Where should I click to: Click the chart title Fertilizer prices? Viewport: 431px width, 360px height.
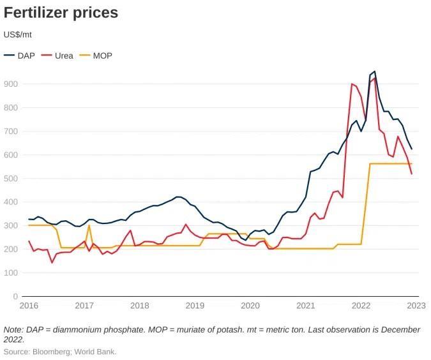tap(61, 13)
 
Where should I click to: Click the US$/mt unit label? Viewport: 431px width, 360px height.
tap(18, 34)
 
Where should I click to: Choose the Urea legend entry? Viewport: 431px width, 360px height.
tap(64, 56)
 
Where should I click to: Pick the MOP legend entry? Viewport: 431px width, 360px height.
tap(102, 56)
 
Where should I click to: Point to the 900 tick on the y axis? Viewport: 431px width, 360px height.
tap(11, 84)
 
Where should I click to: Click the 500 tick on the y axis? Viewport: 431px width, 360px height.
tap(11, 179)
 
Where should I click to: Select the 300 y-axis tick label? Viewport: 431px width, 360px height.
tap(11, 226)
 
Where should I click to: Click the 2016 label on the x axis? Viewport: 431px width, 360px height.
tap(29, 306)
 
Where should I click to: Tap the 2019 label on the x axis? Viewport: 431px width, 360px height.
tap(195, 306)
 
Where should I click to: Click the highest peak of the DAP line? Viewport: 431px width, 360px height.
tap(374, 71)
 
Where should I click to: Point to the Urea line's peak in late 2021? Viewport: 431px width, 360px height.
tap(352, 84)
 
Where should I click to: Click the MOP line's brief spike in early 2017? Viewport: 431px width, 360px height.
tap(89, 225)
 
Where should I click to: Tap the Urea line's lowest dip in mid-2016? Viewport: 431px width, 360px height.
tap(52, 262)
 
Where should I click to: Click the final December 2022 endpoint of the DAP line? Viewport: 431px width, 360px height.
tap(412, 149)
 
